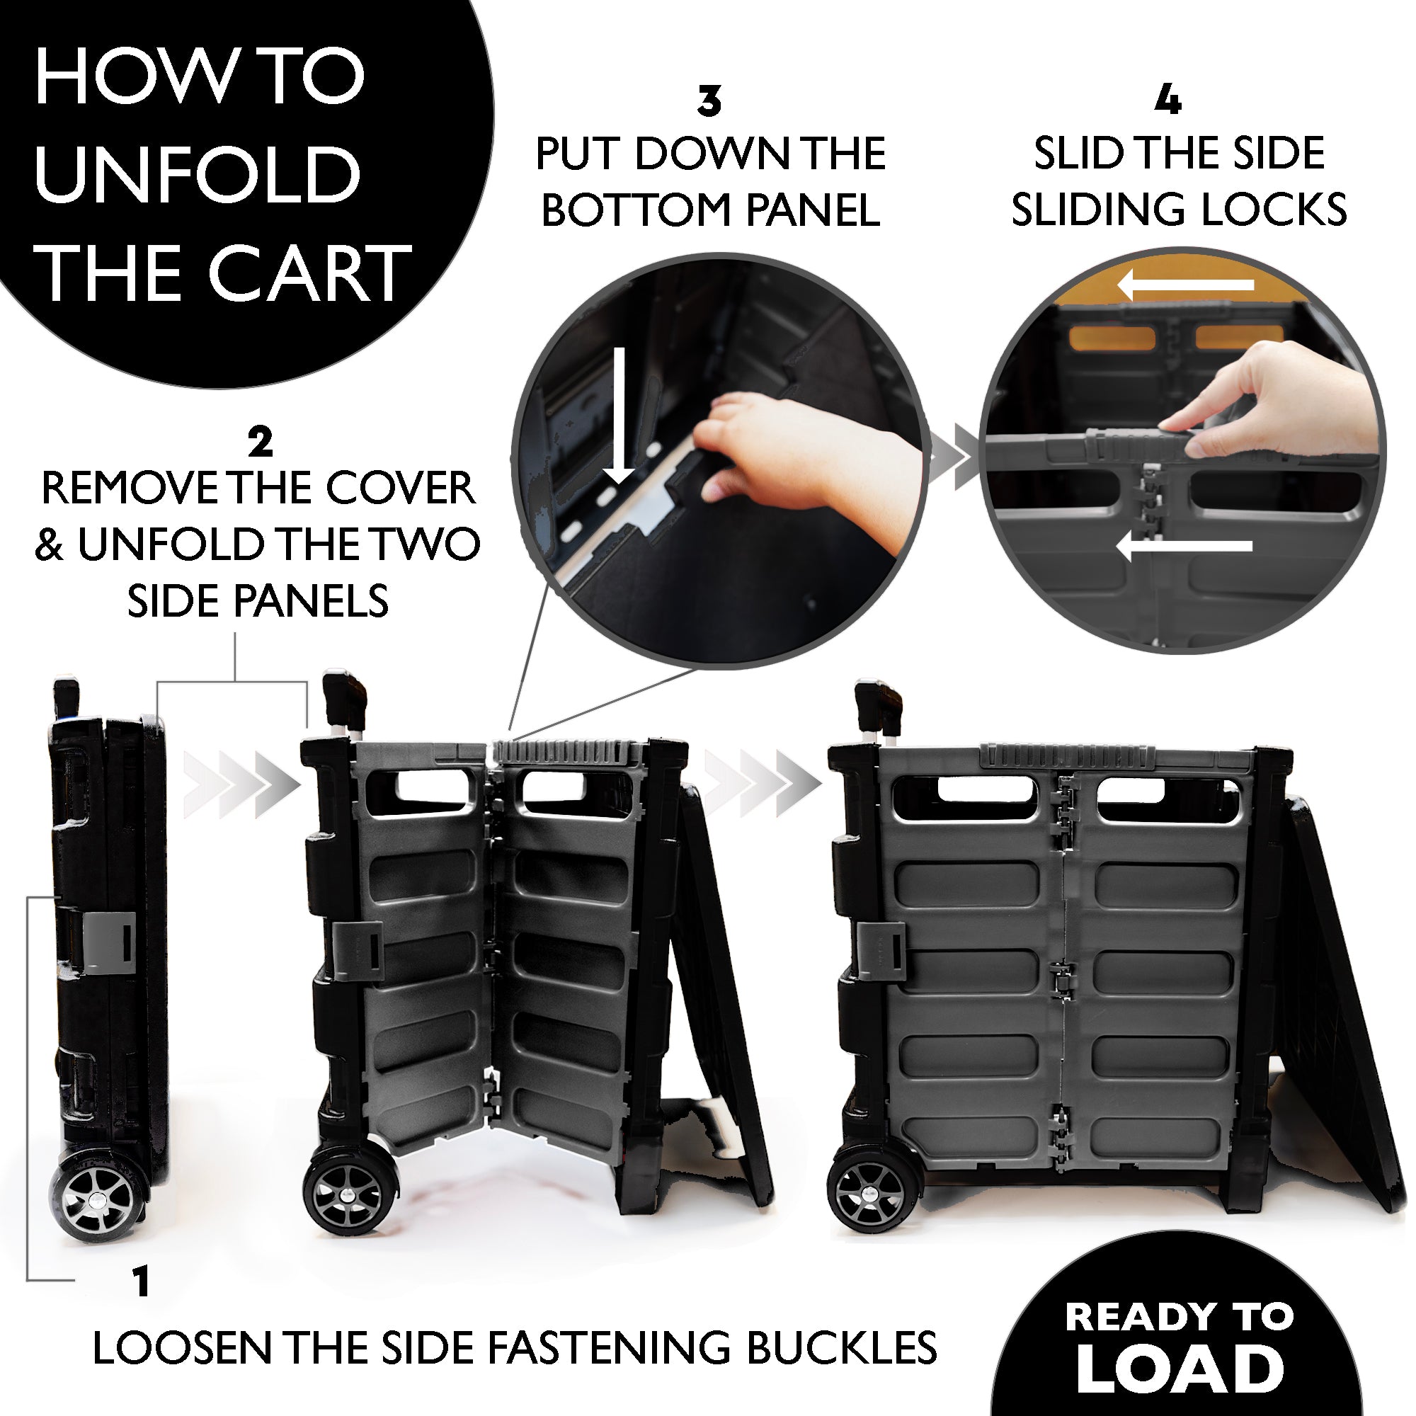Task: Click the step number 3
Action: point(709,102)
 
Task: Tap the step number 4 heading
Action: point(1167,101)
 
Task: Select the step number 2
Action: point(260,442)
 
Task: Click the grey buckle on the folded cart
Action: point(108,942)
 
